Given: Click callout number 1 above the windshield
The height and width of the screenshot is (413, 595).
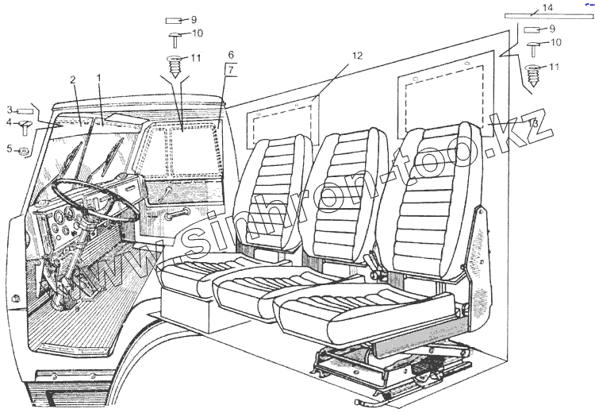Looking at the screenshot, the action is coord(98,79).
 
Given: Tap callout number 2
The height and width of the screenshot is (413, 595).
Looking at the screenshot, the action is coord(72,80).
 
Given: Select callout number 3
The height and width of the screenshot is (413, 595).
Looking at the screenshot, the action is coord(10,110).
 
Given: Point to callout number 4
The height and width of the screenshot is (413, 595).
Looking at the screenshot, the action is coord(10,123).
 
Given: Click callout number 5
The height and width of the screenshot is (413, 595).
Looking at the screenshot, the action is coord(10,149).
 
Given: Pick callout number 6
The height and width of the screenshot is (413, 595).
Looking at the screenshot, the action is coord(231,55).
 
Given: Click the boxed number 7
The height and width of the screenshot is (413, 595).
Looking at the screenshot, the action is coord(231,69).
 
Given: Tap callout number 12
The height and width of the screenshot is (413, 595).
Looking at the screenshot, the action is coord(357,56).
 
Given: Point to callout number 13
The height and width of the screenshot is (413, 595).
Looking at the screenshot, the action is coord(533,124).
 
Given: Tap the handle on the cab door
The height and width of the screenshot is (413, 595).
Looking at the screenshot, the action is coord(178,212).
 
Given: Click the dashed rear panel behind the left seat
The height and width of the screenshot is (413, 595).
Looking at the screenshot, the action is coord(281,119).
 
